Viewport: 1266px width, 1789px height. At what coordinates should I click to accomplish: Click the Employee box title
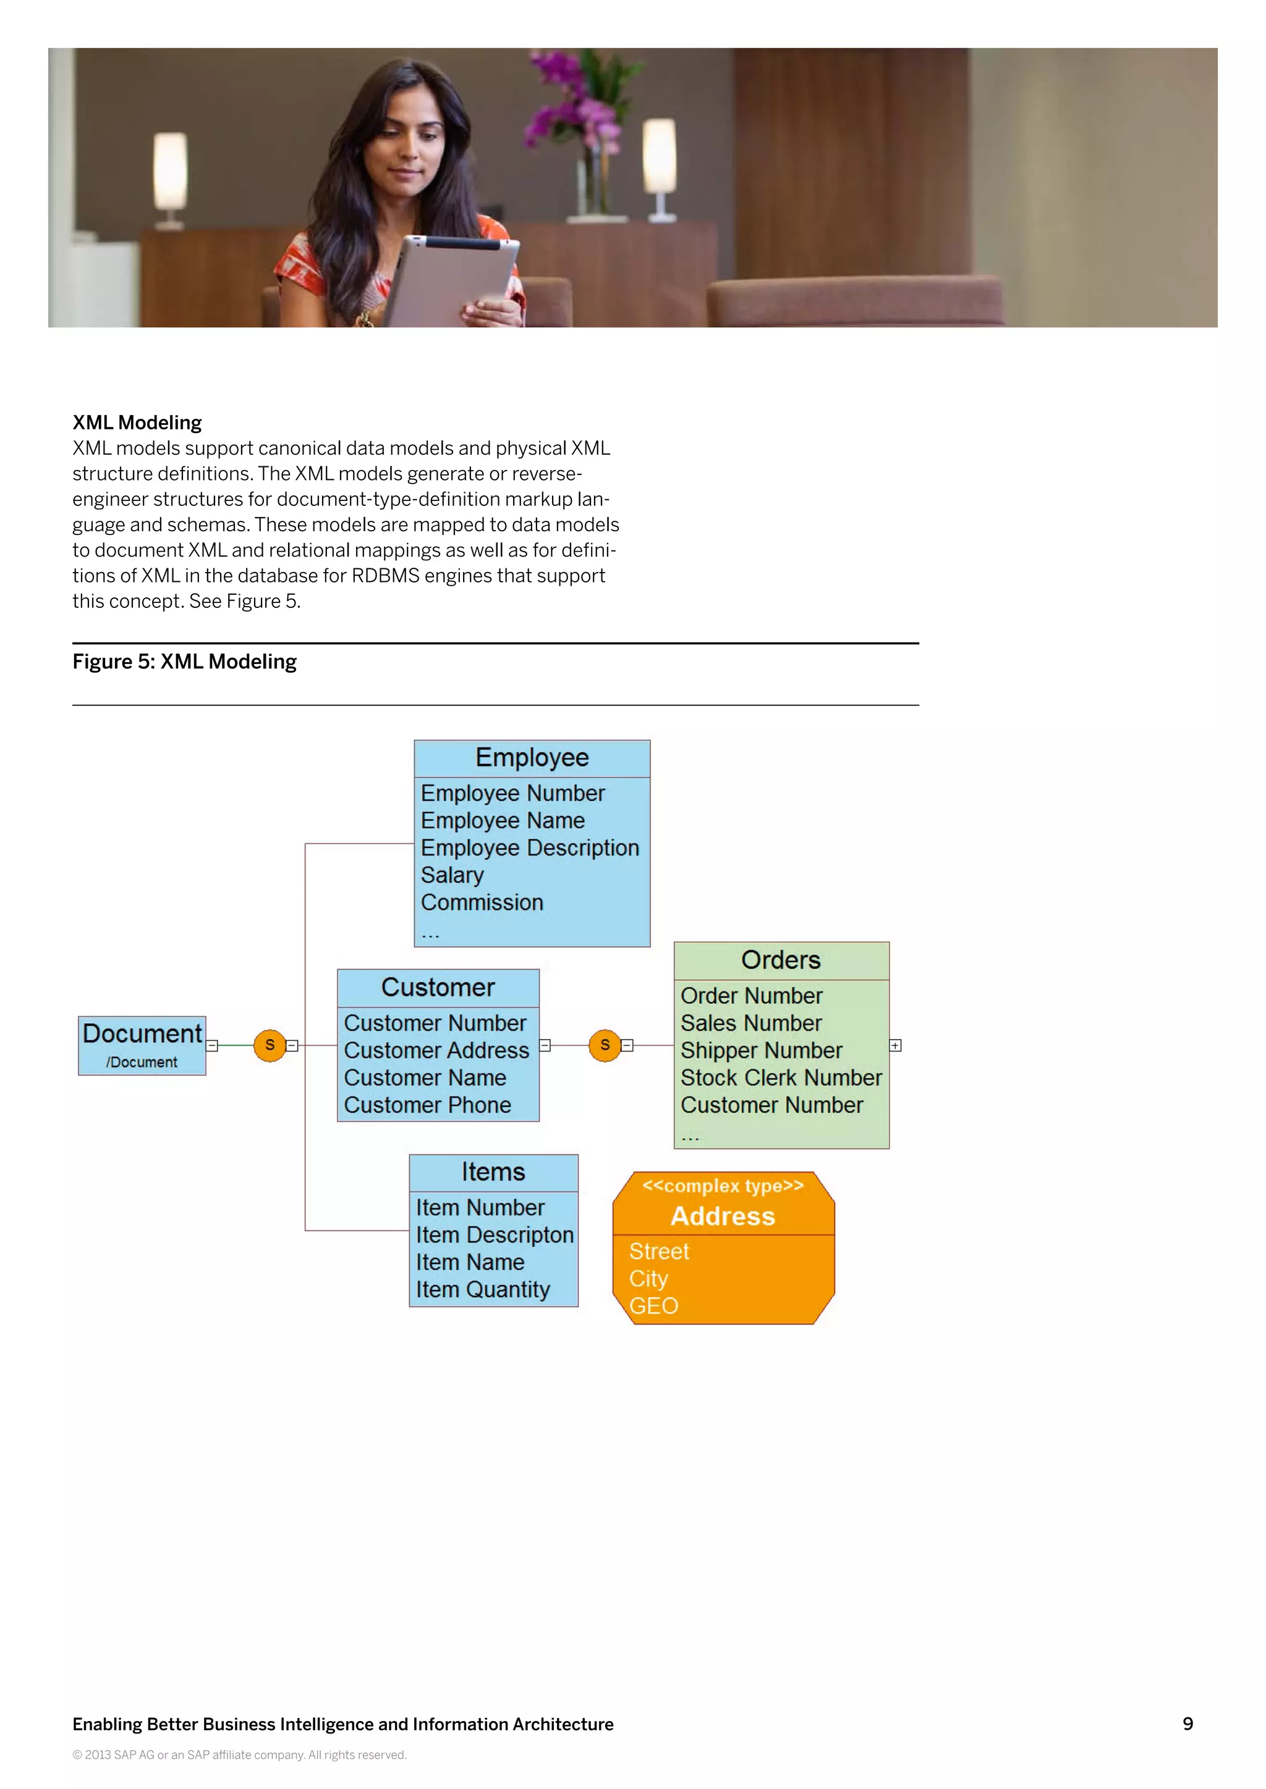pos(532,757)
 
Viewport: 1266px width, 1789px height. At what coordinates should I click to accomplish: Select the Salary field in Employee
pos(452,875)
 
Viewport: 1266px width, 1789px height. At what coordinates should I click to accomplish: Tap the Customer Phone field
pos(427,1105)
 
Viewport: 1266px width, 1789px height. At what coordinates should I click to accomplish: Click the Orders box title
pos(780,960)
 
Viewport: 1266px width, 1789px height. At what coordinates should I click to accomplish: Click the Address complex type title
pos(723,1216)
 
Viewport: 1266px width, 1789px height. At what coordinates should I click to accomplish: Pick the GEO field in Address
pos(653,1306)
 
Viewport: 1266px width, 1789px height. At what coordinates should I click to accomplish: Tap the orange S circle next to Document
pos(270,1045)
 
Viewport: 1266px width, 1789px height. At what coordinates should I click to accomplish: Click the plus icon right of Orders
pos(896,1046)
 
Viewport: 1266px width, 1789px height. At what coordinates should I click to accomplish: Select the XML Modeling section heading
pos(137,423)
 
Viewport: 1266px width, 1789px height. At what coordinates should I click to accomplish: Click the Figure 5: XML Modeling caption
pos(185,662)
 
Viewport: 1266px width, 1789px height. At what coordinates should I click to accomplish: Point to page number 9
pos(1187,1724)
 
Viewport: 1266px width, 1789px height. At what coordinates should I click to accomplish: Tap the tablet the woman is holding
pos(452,280)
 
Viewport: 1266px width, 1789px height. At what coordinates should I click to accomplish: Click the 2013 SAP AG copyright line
pos(239,1755)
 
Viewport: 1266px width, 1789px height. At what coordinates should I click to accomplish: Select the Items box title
pos(493,1172)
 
